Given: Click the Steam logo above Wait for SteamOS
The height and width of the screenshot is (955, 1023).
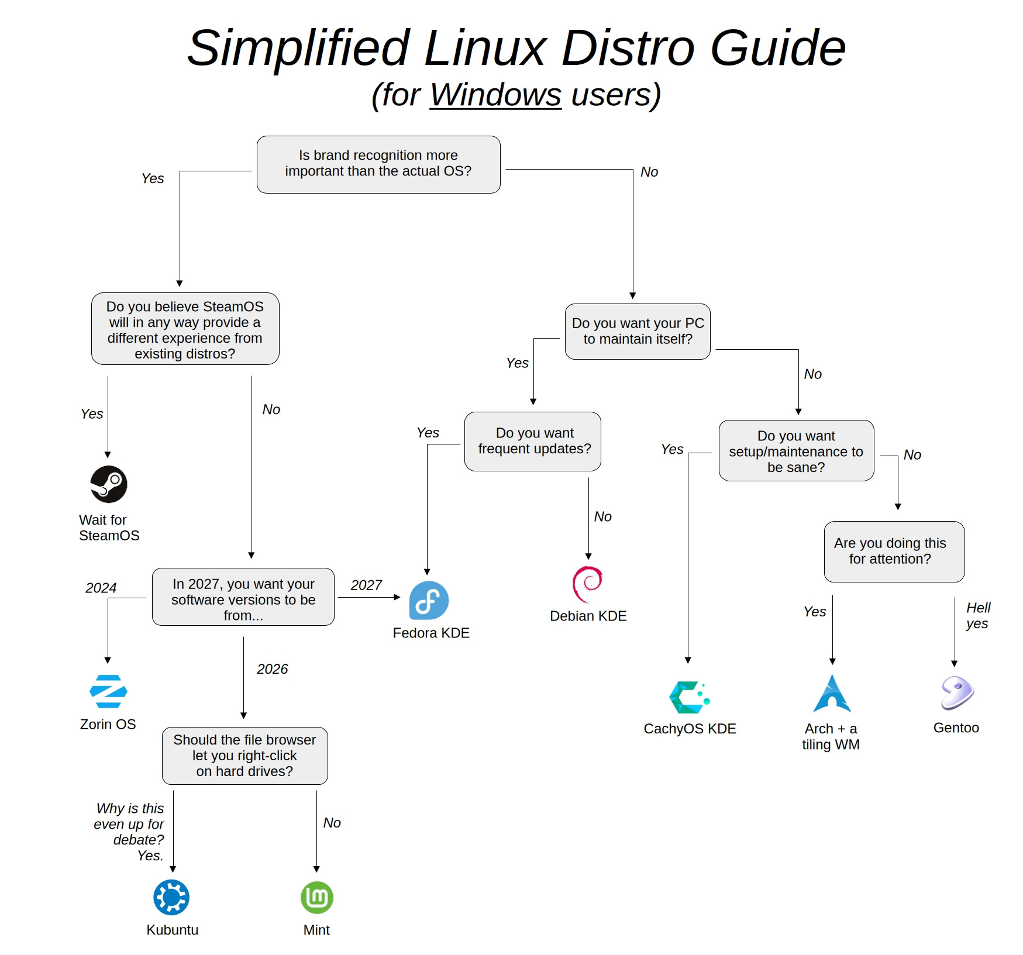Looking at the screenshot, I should point(109,484).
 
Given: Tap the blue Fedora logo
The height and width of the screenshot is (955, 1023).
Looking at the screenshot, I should point(429,601).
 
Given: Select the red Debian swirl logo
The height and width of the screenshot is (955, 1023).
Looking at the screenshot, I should point(587,583).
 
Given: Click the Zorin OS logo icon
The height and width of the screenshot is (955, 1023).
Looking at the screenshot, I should point(108,691).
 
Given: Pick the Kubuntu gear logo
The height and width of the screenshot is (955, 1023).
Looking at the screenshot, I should point(171,897).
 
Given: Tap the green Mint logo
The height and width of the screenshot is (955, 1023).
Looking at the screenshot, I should point(317,898).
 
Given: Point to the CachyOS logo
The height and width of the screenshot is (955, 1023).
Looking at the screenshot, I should point(689,697).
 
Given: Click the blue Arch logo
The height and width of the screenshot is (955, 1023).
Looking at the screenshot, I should point(832,694).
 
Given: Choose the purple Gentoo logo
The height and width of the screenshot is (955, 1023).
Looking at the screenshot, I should point(957,693).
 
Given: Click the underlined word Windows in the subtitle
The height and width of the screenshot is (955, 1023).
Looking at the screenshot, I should point(495,95).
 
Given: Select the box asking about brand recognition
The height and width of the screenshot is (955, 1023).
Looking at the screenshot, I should point(378,164).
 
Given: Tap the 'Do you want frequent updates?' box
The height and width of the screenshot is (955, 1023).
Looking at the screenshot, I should point(533,442).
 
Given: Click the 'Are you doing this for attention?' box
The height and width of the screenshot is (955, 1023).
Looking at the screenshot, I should point(894,551).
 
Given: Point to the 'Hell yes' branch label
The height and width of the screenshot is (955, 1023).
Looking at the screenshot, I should point(977,616).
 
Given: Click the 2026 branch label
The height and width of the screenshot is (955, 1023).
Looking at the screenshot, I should point(272,669).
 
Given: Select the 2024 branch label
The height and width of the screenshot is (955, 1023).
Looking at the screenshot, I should point(101,588).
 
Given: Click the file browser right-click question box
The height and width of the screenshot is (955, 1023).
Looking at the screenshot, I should point(244,756).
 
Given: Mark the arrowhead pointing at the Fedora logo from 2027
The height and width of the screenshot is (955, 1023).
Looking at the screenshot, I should point(398,597).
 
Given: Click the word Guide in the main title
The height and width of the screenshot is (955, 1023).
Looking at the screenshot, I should point(777,48).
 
